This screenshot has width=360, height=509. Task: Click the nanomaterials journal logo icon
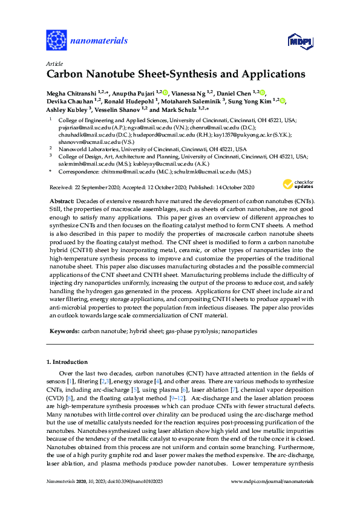[56, 41]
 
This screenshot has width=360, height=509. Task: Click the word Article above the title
[53, 63]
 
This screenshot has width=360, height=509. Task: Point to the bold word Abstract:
[62, 200]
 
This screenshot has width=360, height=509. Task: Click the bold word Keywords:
[63, 331]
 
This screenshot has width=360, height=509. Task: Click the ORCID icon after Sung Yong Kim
[283, 102]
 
